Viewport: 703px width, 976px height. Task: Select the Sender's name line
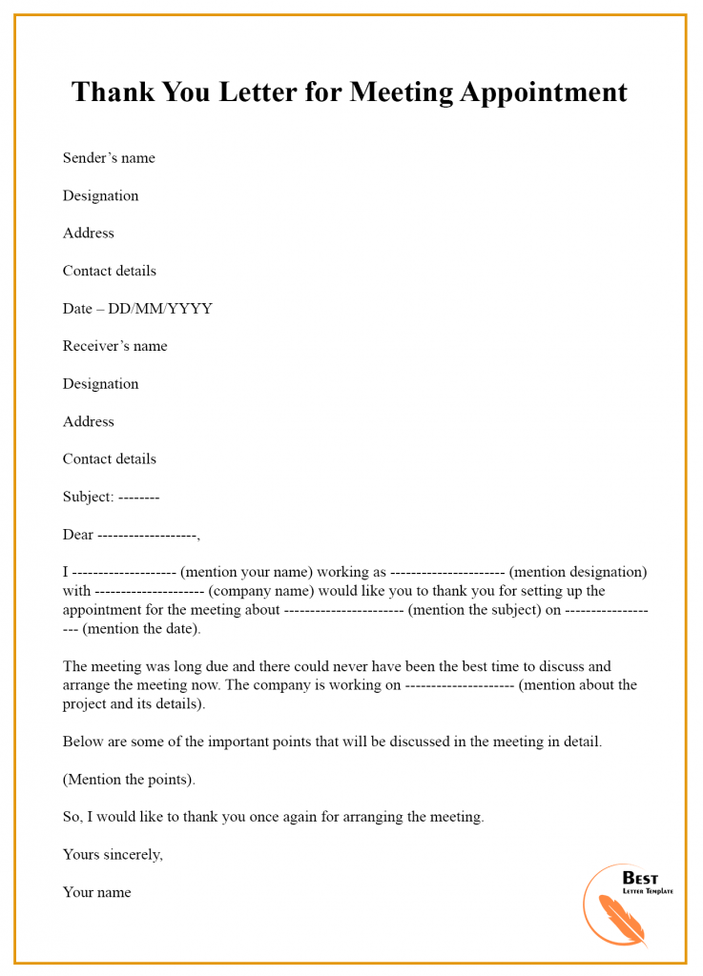pyautogui.click(x=109, y=158)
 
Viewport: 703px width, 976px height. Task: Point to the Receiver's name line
pyautogui.click(x=114, y=346)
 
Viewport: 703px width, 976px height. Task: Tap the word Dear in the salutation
pyautogui.click(x=78, y=535)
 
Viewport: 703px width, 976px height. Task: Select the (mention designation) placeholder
pyautogui.click(x=578, y=572)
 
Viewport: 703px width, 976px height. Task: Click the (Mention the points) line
pyautogui.click(x=129, y=780)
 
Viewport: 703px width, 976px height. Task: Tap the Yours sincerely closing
pyautogui.click(x=113, y=855)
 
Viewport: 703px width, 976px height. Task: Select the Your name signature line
pyautogui.click(x=96, y=893)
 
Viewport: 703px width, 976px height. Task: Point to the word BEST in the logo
pyautogui.click(x=640, y=878)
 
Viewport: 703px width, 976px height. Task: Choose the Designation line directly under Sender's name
pyautogui.click(x=100, y=195)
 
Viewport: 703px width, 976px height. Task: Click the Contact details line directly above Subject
pyautogui.click(x=109, y=459)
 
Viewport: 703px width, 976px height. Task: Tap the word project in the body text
pyautogui.click(x=85, y=704)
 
